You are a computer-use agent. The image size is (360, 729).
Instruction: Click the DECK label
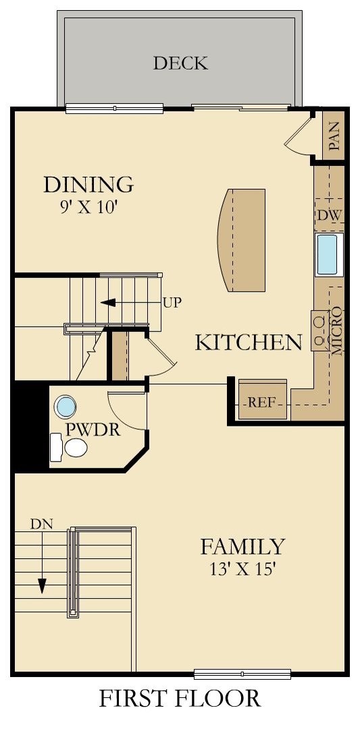(180, 63)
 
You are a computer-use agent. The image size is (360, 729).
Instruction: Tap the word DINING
(88, 184)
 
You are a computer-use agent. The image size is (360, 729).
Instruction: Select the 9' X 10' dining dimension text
(88, 207)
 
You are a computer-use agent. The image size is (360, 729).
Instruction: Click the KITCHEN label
(248, 342)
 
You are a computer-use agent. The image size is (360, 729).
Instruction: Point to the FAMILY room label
(242, 546)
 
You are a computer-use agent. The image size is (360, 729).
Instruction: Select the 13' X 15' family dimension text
(242, 569)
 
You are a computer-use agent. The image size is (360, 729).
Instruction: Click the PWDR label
(93, 429)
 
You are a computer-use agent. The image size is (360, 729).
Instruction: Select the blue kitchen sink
(330, 254)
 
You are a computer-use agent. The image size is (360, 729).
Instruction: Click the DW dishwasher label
(329, 215)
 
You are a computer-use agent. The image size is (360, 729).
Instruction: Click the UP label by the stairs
(172, 302)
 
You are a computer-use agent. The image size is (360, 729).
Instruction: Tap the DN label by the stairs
(41, 523)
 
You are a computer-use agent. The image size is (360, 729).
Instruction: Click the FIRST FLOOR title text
(180, 699)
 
